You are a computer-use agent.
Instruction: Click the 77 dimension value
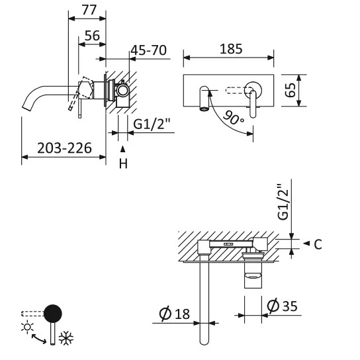[x=89, y=10]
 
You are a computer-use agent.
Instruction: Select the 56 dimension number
[x=92, y=36]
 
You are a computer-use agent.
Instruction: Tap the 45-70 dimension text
[x=148, y=50]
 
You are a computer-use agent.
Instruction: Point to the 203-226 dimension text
[x=64, y=148]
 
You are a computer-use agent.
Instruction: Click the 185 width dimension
[x=231, y=49]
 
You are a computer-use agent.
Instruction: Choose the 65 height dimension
[x=291, y=90]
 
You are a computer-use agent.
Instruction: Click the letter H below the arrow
[x=123, y=164]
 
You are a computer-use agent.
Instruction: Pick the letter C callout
[x=318, y=244]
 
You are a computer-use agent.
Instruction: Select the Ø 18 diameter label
[x=175, y=314]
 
